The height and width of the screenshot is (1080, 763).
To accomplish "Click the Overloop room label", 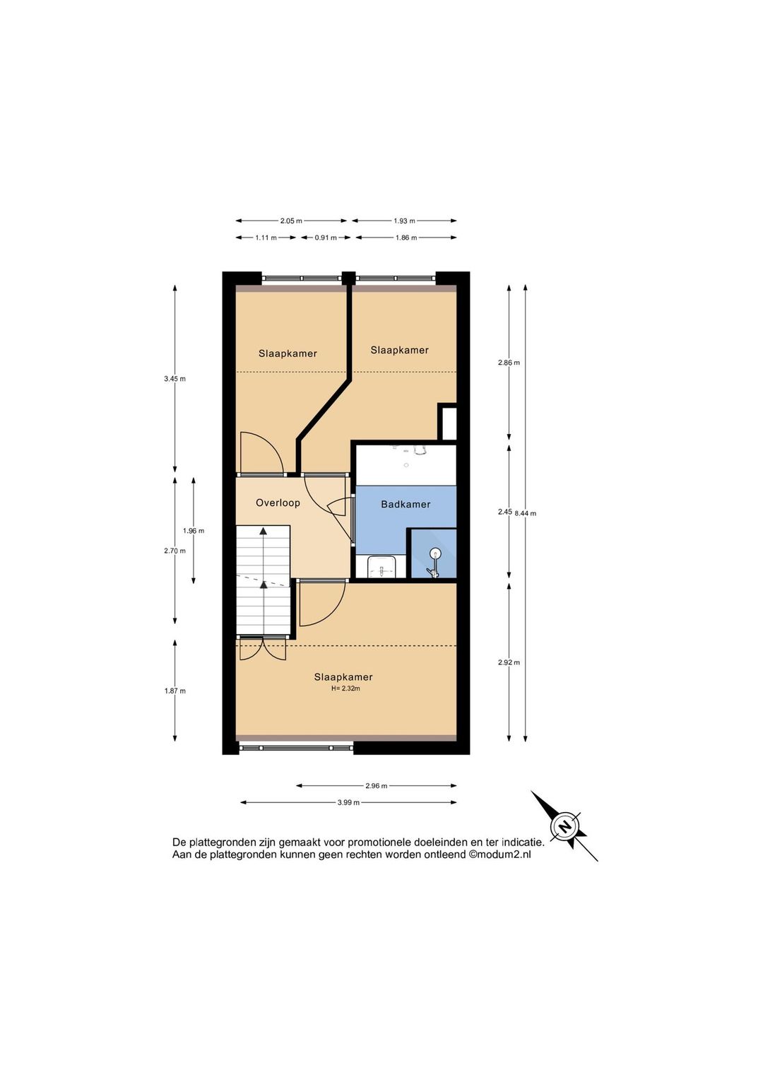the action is coord(278,503).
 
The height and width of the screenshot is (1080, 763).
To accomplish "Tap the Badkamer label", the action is coord(406,505).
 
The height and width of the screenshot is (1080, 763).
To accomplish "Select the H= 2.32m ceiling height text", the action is coord(345,688).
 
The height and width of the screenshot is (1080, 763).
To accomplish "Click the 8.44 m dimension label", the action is coord(526,513).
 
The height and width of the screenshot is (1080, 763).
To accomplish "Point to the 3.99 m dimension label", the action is coord(348,803).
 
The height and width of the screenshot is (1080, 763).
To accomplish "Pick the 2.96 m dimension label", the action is coord(377,786).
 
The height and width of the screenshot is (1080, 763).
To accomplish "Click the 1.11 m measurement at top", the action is coord(266,237).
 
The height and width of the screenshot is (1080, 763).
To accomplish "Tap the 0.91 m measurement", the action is coord(326,237).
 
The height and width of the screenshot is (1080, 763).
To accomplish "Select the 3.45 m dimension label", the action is coord(175,379).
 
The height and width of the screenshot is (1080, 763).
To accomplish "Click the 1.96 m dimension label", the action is coord(194,531).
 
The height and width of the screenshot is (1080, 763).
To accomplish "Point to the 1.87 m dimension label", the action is coord(175,691).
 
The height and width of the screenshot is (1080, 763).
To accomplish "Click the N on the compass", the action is coord(564,827).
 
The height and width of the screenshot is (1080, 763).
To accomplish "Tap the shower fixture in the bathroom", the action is coord(434,562).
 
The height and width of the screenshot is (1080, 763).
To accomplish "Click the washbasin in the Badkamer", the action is coord(381,567).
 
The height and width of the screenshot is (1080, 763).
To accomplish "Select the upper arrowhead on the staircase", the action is coord(264,531).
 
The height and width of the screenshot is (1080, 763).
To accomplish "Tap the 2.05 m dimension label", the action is coord(291,221).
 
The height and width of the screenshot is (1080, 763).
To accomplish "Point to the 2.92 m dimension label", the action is coord(509,662).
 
